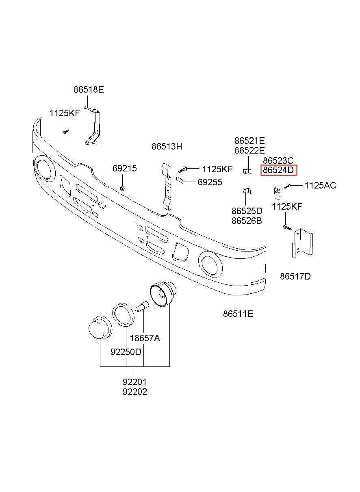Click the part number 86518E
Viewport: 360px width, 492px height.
(89, 90)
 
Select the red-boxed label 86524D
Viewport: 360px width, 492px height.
(278, 170)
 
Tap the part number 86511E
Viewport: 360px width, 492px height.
(238, 314)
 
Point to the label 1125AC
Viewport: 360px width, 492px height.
(320, 186)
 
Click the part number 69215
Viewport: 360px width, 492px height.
(125, 168)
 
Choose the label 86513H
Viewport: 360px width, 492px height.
(167, 146)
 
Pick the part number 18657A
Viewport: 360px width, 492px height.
(145, 338)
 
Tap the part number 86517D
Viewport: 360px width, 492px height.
(295, 276)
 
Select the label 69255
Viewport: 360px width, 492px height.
(210, 182)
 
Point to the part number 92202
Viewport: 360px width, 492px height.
(134, 392)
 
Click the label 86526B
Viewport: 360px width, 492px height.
(247, 221)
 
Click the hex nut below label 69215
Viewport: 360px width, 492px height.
(122, 188)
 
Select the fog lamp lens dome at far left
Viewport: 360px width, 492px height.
(100, 328)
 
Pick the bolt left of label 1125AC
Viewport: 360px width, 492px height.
(287, 186)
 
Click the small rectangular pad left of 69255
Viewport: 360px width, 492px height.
(181, 180)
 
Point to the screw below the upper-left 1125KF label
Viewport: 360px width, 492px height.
(65, 132)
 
